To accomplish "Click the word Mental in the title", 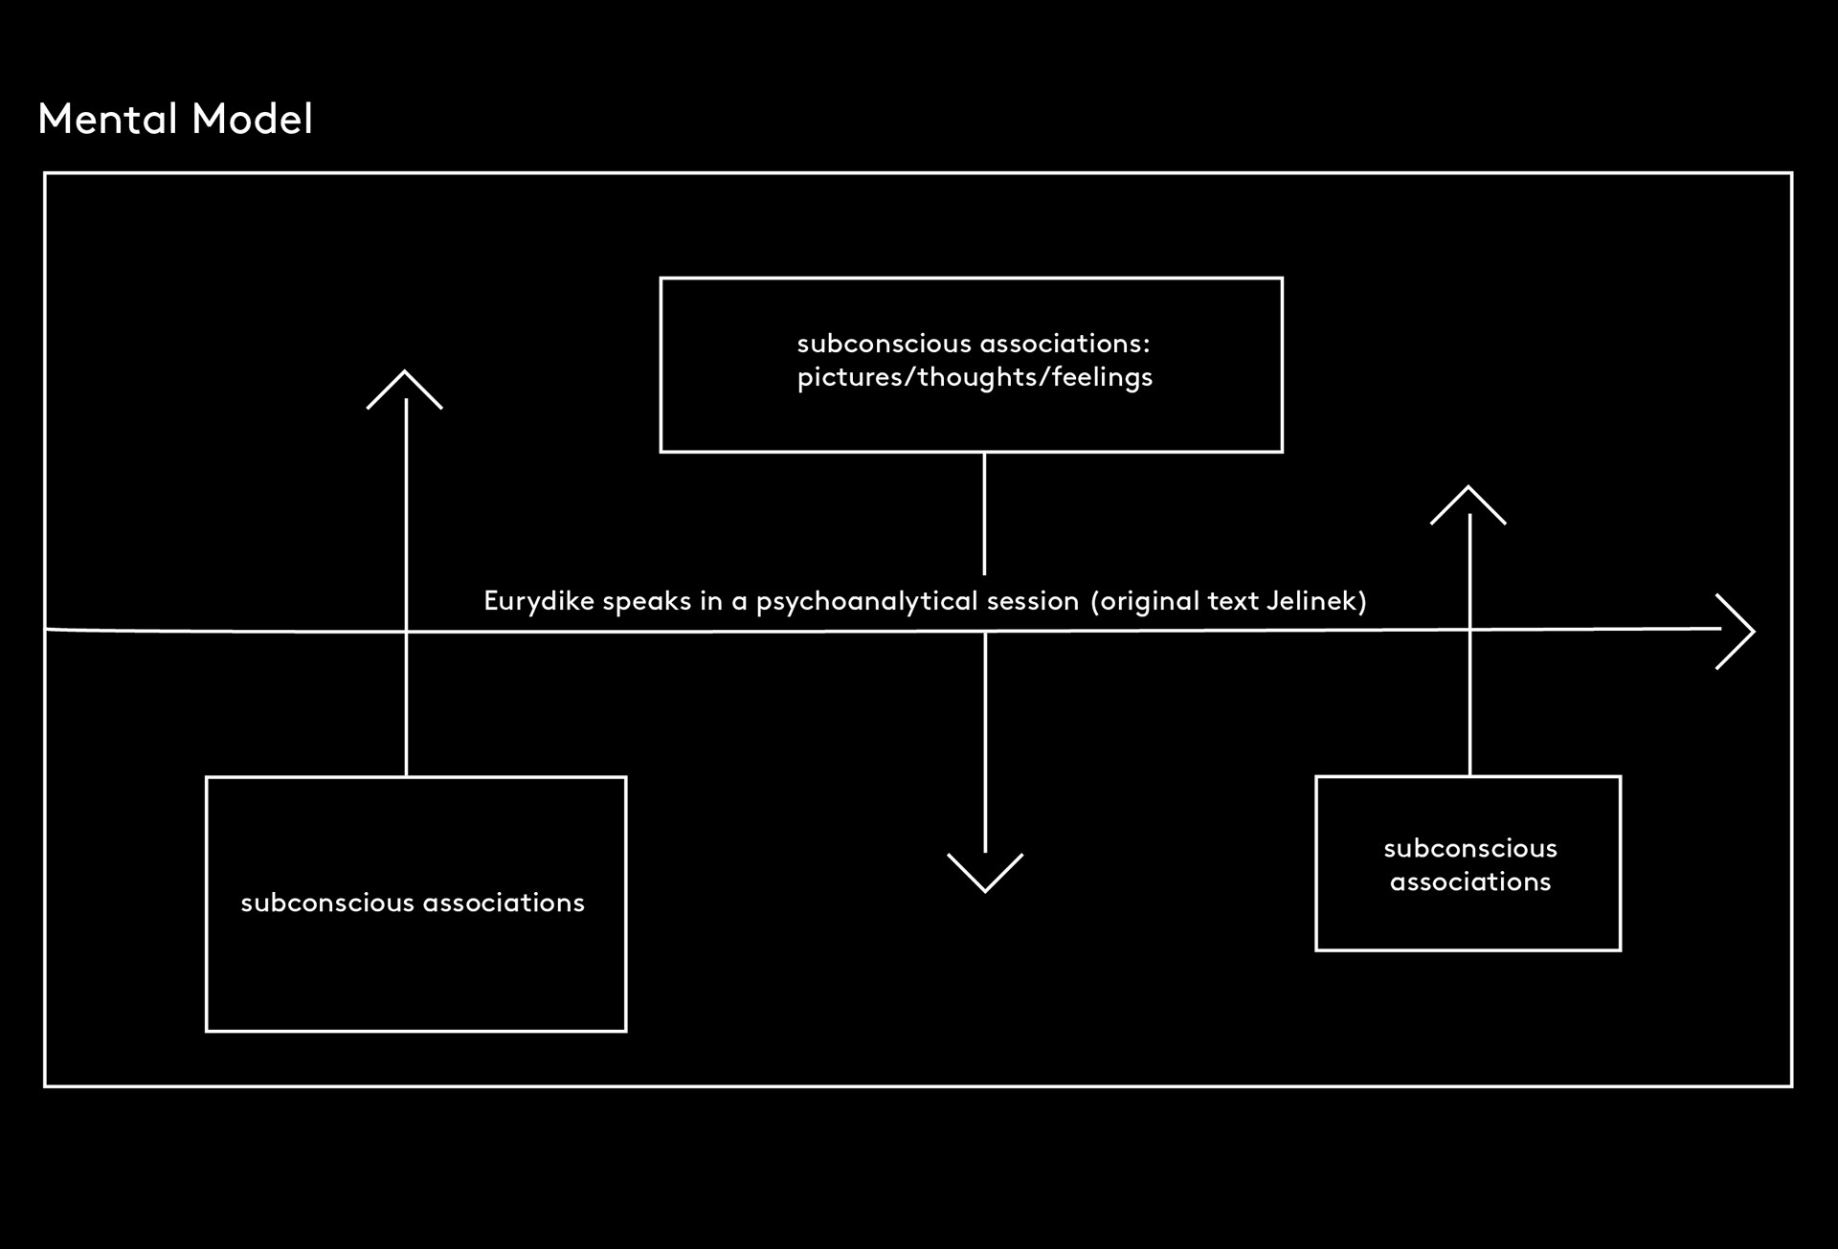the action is (108, 119).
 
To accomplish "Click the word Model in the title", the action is (252, 119).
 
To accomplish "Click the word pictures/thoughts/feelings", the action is (975, 377).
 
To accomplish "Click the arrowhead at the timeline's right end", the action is (1736, 632).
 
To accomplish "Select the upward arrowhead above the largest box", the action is (405, 390).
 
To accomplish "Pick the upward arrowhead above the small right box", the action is (1468, 505).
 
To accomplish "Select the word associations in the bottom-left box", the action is (504, 903).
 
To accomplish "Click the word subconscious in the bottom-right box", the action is (1470, 848).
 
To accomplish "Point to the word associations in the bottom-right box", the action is (1470, 881).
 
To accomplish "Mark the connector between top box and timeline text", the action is (984, 514).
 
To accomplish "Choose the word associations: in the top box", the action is (1065, 344).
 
